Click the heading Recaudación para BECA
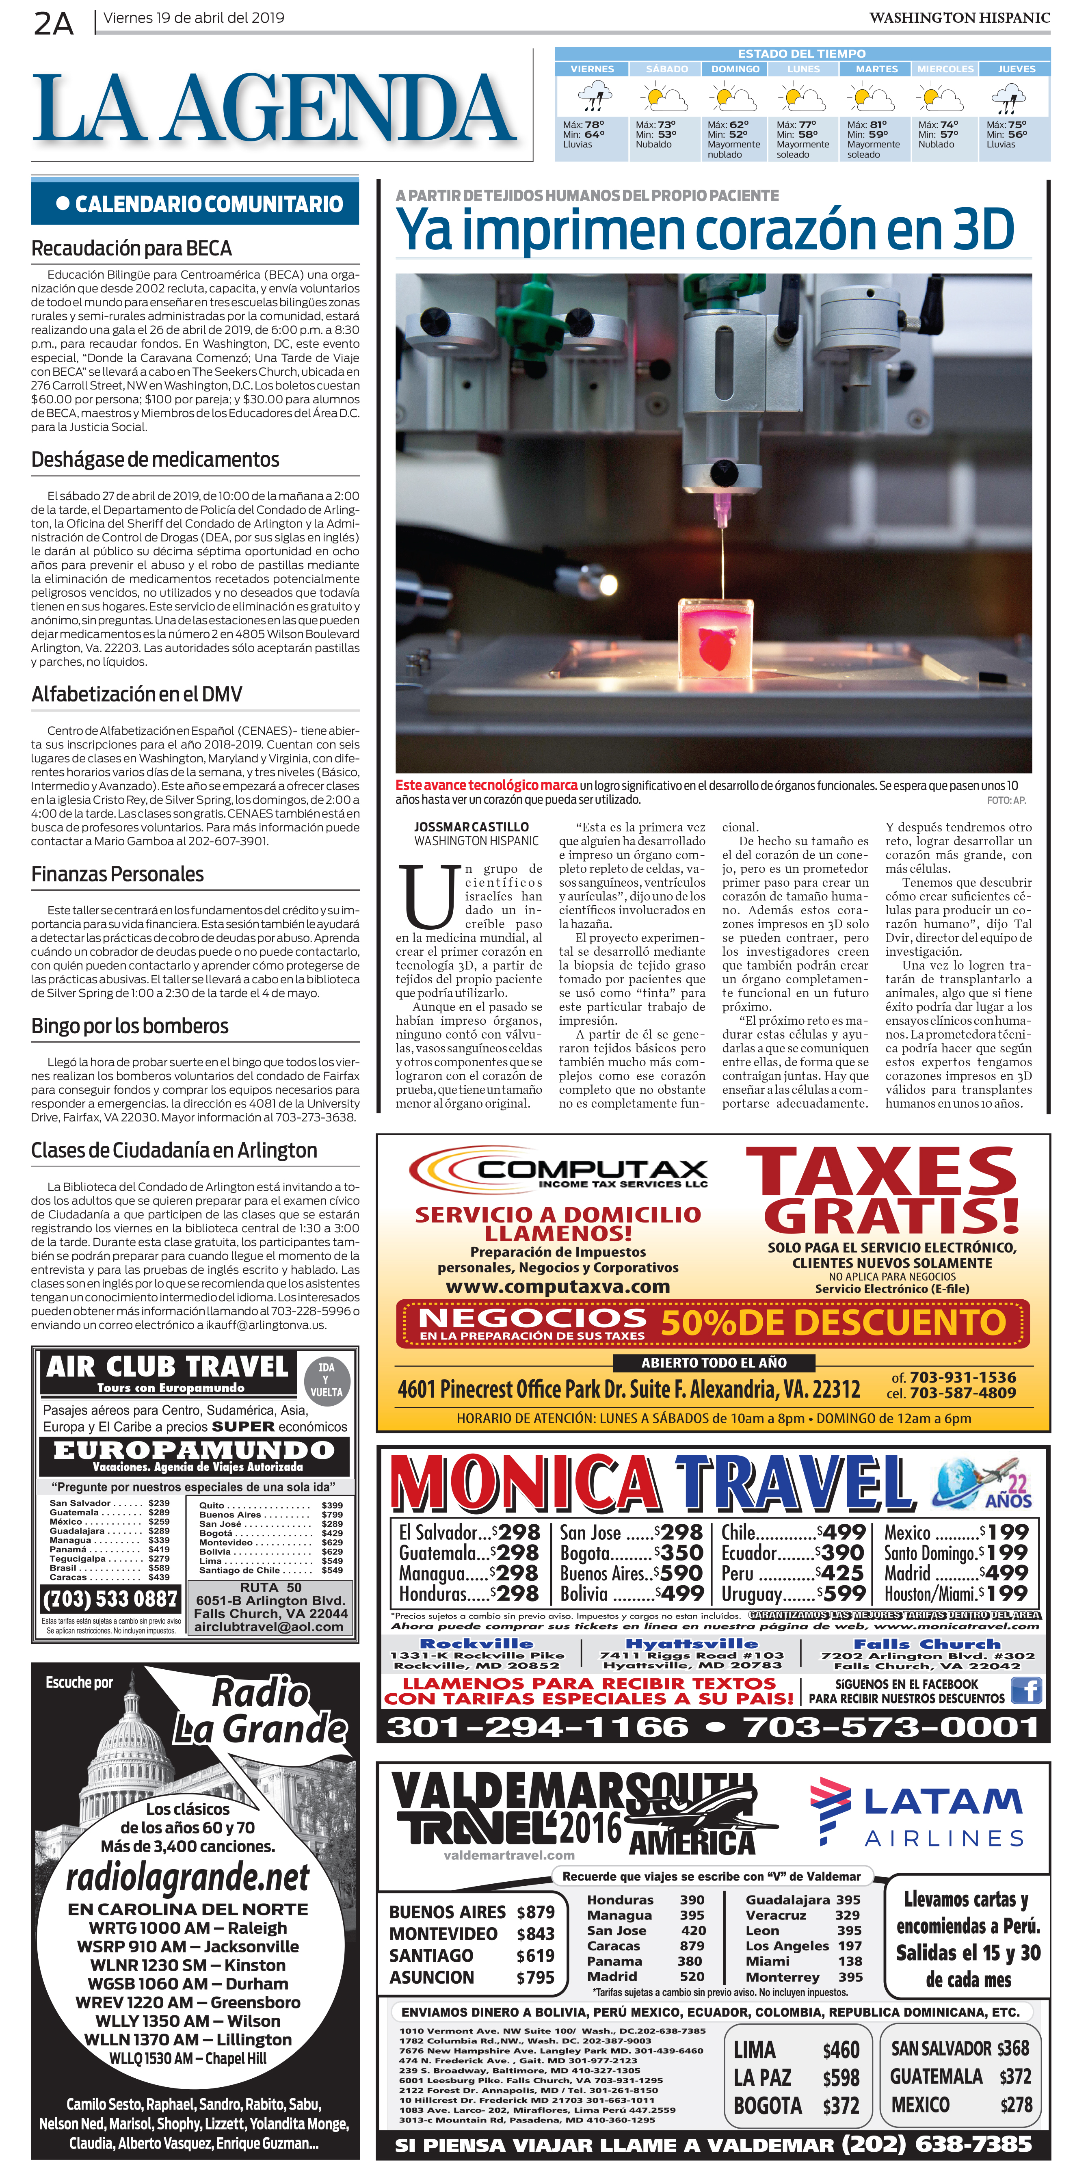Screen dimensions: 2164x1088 pyautogui.click(x=131, y=249)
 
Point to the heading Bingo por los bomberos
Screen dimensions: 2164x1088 pyautogui.click(x=130, y=1026)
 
